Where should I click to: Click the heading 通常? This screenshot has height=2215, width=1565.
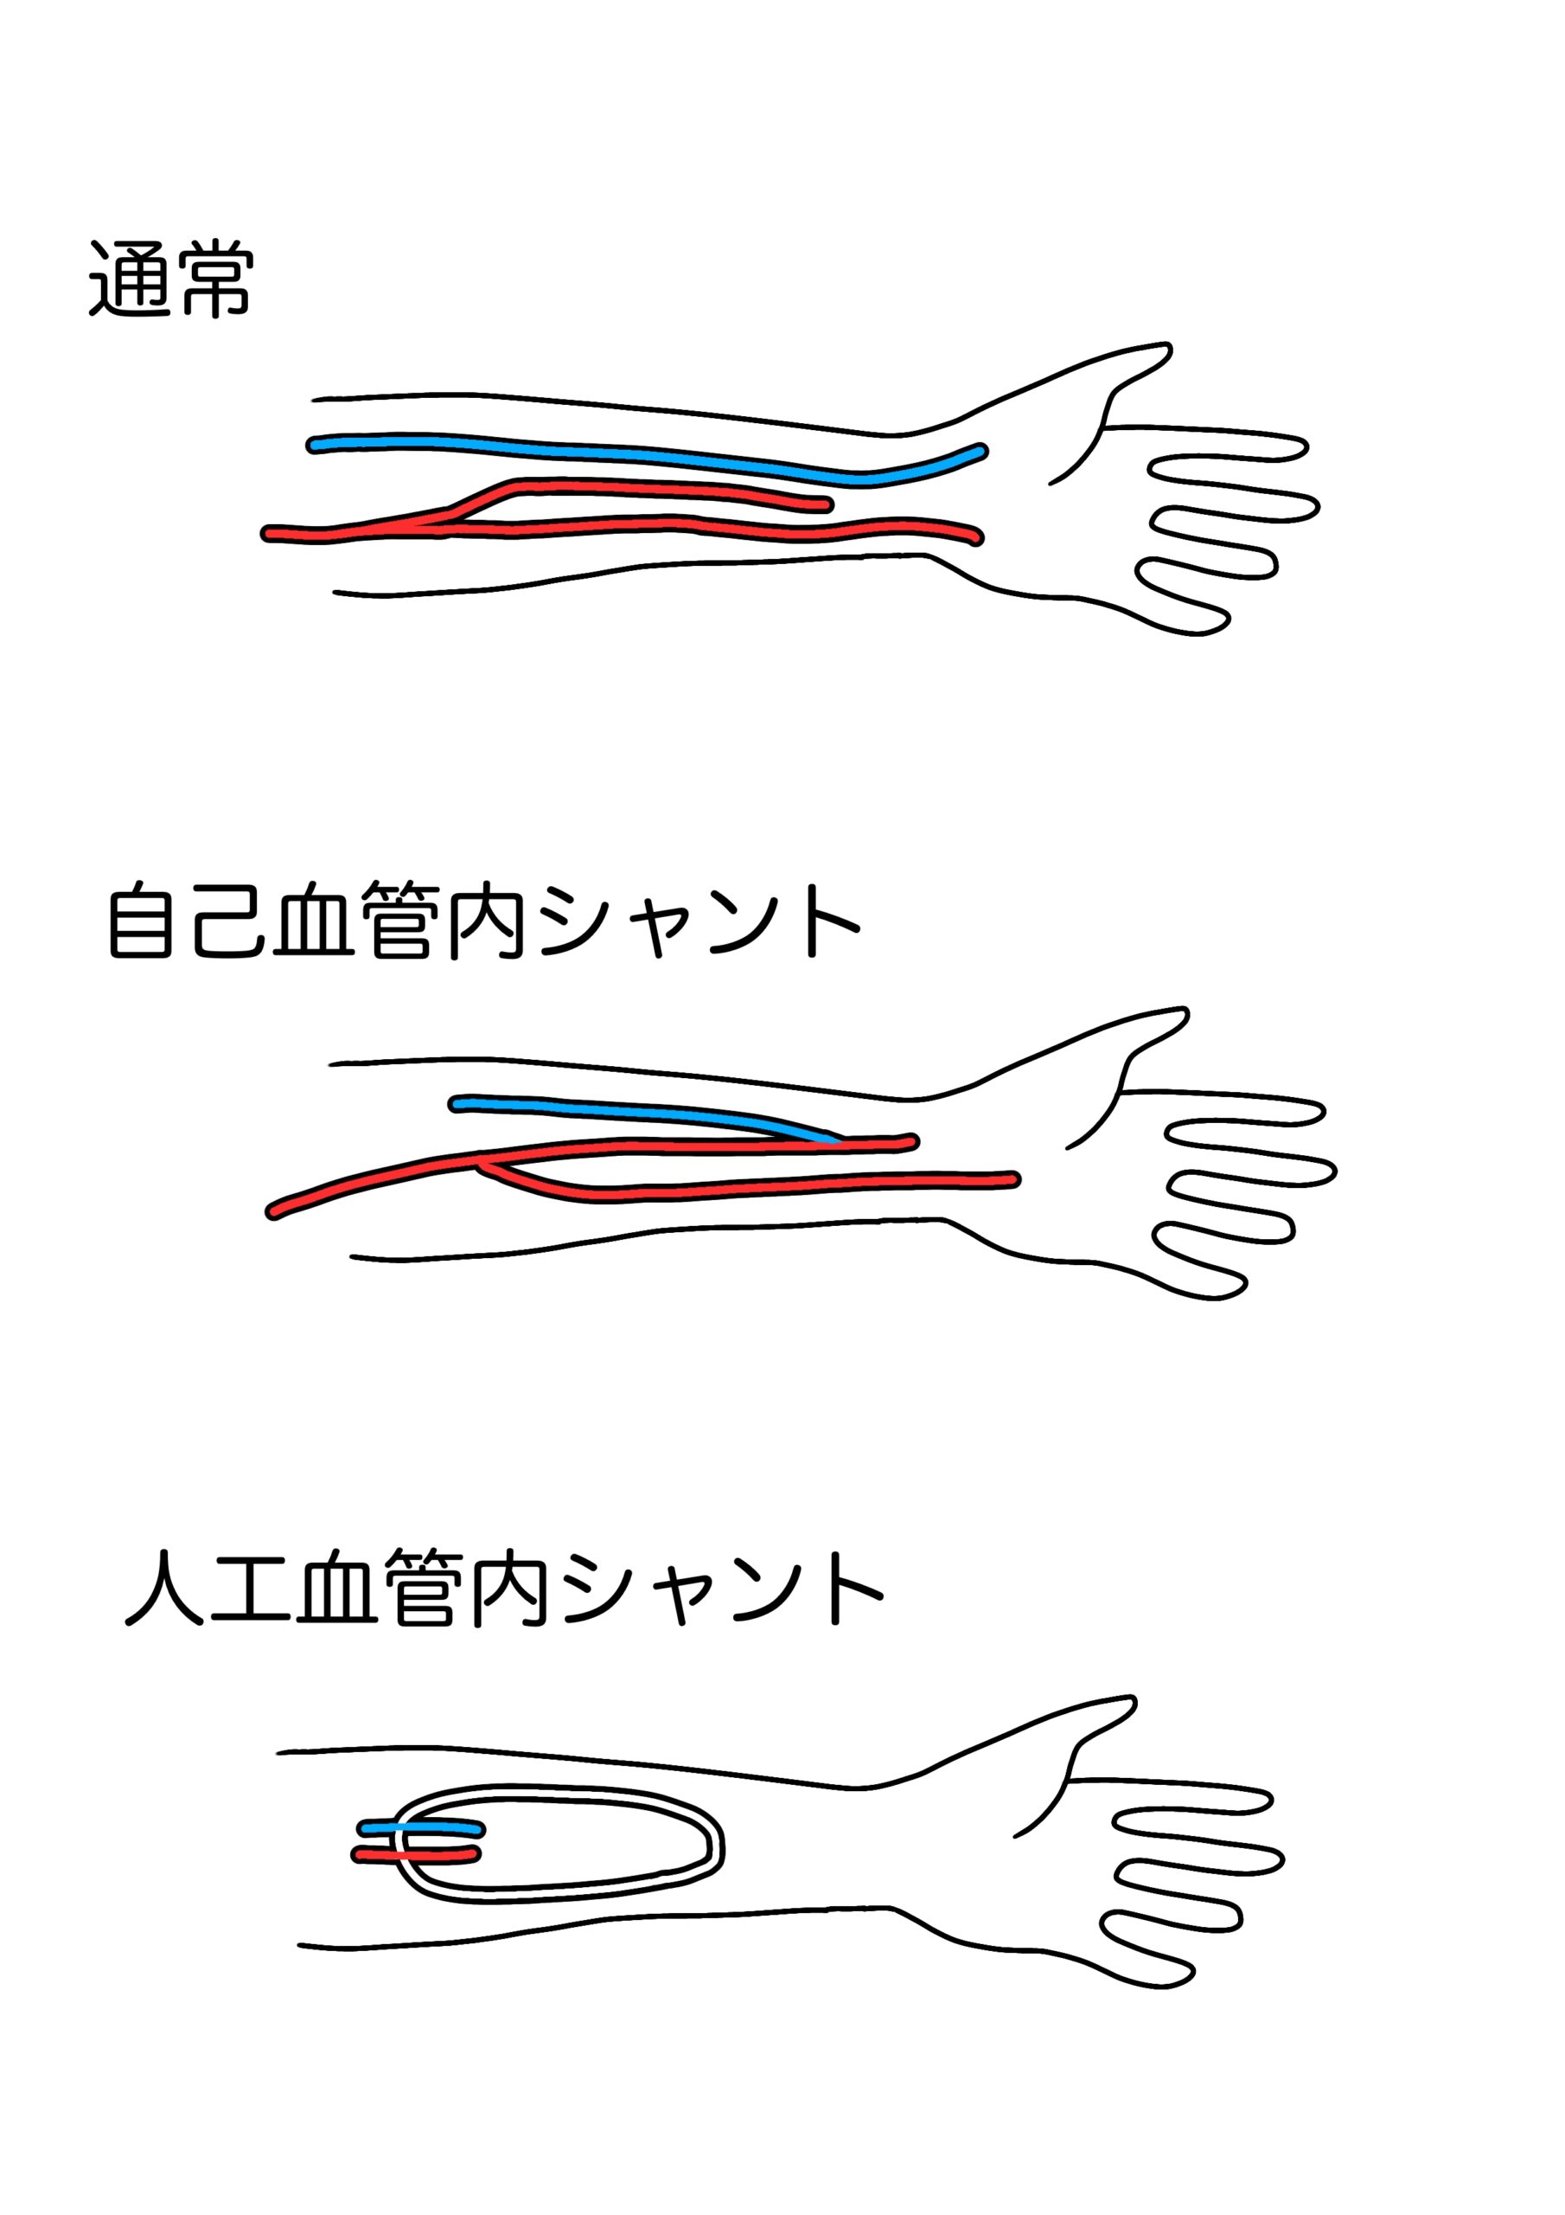click(170, 279)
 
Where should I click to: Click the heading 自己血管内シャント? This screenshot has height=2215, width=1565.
click(483, 921)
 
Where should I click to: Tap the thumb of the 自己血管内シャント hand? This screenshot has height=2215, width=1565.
click(1128, 1037)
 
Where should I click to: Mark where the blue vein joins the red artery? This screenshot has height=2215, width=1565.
click(837, 1141)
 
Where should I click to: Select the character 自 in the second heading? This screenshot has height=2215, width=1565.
click(141, 921)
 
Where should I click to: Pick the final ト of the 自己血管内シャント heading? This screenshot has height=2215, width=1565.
click(832, 921)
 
